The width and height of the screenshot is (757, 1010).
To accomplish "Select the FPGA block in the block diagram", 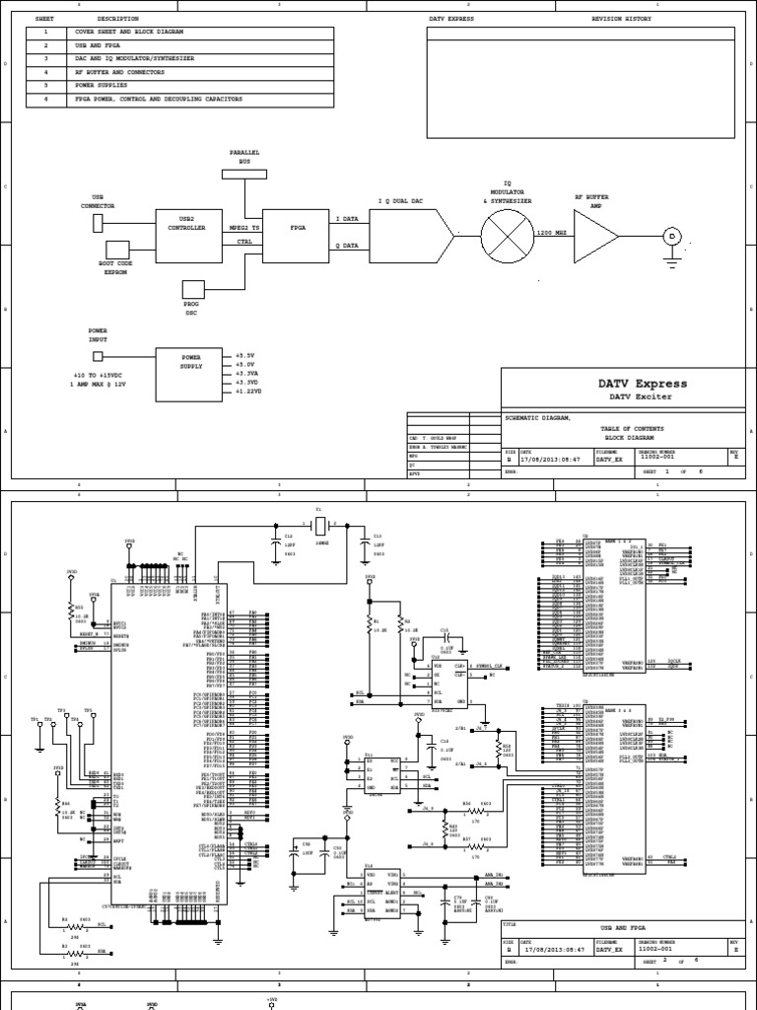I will [x=299, y=227].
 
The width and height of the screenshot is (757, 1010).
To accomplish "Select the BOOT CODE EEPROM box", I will [x=117, y=249].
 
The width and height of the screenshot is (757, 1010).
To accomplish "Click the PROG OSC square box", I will [x=192, y=288].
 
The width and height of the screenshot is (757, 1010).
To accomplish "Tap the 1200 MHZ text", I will [x=550, y=232].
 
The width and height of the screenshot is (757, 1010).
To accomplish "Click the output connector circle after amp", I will [x=673, y=237].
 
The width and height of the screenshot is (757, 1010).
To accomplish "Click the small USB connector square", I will [x=98, y=224].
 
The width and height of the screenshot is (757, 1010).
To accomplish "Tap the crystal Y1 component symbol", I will [x=319, y=524].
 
